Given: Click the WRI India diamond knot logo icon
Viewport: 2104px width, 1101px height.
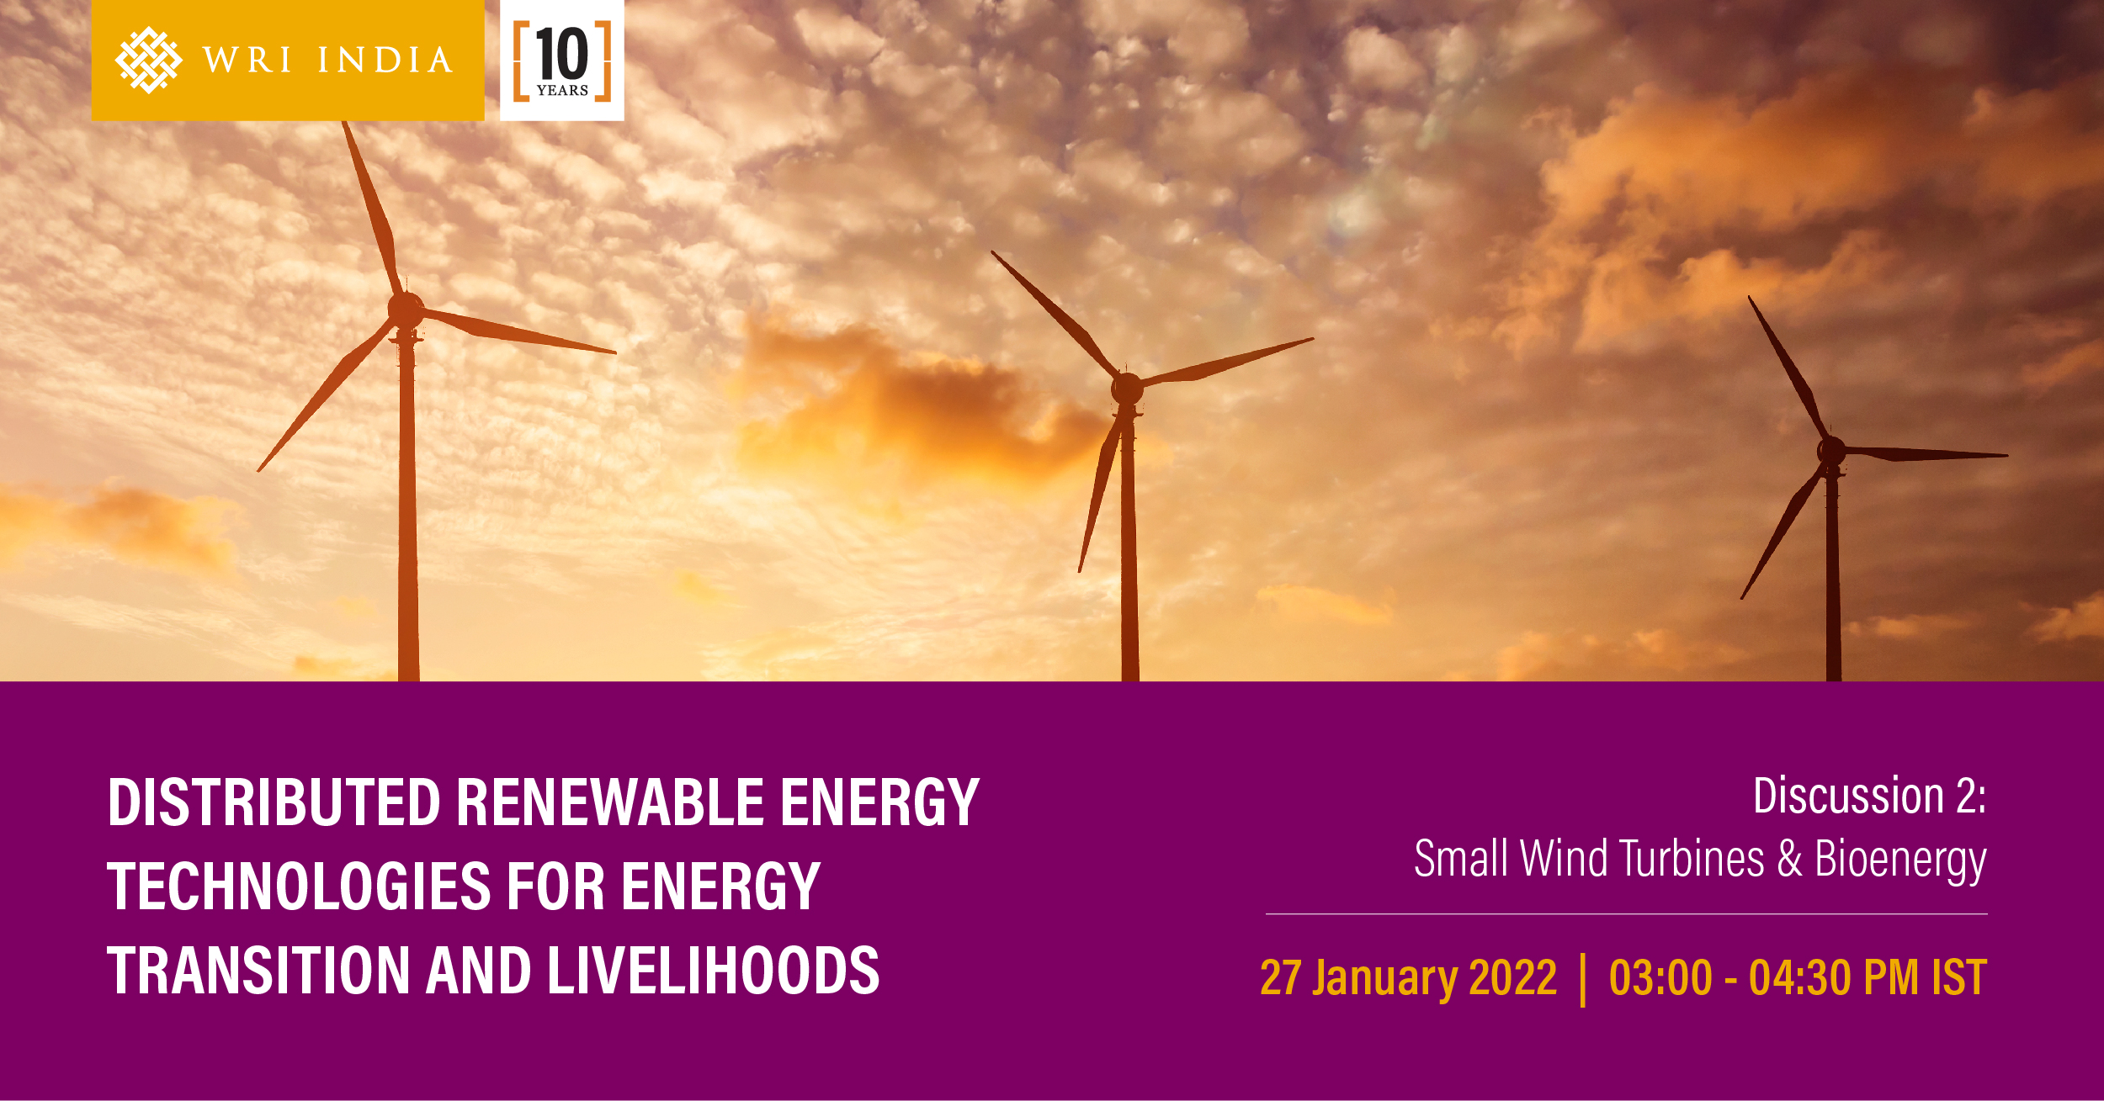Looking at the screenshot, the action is click(x=148, y=60).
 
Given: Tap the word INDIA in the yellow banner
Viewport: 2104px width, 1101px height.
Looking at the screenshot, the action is click(x=385, y=61).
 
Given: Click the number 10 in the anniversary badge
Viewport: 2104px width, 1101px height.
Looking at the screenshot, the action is click(x=561, y=54).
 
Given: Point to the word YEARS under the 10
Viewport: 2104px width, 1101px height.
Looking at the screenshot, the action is click(x=562, y=91).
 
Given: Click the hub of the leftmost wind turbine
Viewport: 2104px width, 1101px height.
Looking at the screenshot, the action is click(x=406, y=310).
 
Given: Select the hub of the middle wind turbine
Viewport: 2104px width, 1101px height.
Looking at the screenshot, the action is click(x=1127, y=389).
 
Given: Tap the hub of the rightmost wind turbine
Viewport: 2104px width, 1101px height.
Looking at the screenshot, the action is click(x=1831, y=451).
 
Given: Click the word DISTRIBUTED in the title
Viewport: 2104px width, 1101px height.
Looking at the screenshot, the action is click(x=274, y=802).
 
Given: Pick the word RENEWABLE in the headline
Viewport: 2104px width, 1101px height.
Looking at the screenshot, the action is click(x=610, y=802).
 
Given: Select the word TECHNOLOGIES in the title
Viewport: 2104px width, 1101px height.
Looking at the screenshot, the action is click(x=300, y=887).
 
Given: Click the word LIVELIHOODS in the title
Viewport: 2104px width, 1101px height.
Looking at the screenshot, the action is click(x=714, y=971).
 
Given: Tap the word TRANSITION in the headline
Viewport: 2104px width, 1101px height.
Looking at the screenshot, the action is click(x=258, y=971).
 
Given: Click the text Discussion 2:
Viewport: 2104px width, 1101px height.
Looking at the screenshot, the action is click(x=1870, y=795).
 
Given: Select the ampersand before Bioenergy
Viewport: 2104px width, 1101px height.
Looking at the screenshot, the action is click(x=1790, y=859).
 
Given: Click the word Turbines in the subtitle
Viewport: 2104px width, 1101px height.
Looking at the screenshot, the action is click(x=1692, y=859).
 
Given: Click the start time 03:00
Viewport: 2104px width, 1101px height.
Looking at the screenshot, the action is click(x=1660, y=977).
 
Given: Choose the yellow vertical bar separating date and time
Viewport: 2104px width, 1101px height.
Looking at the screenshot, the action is click(x=1584, y=979).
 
